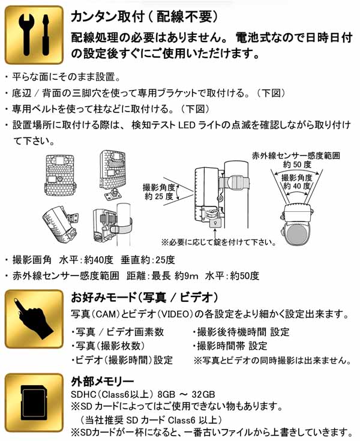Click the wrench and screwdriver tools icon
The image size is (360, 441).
click(x=34, y=35)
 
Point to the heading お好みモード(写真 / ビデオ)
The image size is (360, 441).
click(x=144, y=298)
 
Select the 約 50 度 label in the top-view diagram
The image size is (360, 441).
click(x=298, y=164)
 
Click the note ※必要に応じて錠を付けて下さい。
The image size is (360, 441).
click(x=218, y=242)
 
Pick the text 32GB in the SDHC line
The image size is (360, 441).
click(x=202, y=394)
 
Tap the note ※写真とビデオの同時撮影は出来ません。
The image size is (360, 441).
click(x=272, y=360)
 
